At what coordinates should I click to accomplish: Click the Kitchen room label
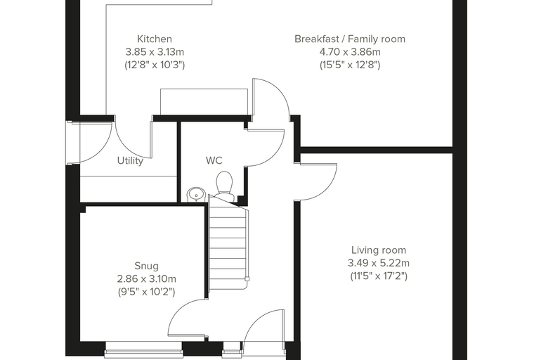coord(155,39)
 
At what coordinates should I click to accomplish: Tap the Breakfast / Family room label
coord(350,39)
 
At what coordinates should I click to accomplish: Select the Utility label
coord(130,160)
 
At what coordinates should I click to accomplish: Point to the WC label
coord(214,160)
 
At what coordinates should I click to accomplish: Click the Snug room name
coord(146,266)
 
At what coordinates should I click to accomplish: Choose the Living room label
coord(379,250)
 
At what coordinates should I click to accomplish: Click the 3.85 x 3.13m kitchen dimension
coord(155,52)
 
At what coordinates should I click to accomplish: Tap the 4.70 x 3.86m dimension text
coord(350,52)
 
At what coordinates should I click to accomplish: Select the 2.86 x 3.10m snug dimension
coord(146,279)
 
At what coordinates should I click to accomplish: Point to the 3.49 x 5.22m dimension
coord(379,263)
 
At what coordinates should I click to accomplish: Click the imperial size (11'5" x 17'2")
coord(379,276)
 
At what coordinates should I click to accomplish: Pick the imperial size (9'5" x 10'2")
coord(146,292)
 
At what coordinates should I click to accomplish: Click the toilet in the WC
coord(225,186)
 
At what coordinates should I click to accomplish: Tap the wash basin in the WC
coord(196,194)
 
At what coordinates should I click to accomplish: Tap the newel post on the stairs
coord(247,279)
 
